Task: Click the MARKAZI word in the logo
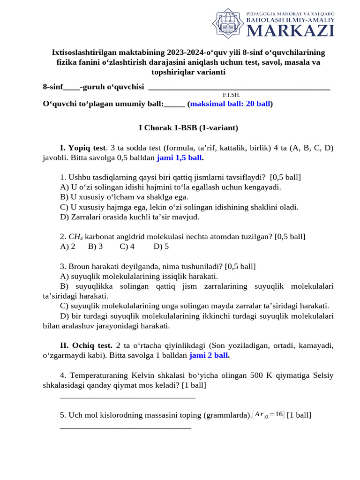[x=290, y=30]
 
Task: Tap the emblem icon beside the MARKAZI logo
[x=229, y=24]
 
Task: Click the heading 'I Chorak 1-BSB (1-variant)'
[x=188, y=127]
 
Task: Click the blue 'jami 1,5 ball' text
[x=179, y=158]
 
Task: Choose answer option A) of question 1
[x=171, y=187]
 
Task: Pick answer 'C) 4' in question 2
[x=127, y=247]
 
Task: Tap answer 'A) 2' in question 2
[x=68, y=247]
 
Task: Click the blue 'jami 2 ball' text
[x=209, y=355]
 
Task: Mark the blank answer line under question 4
[x=127, y=397]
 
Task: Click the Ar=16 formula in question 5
[x=268, y=414]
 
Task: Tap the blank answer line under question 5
[x=126, y=427]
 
